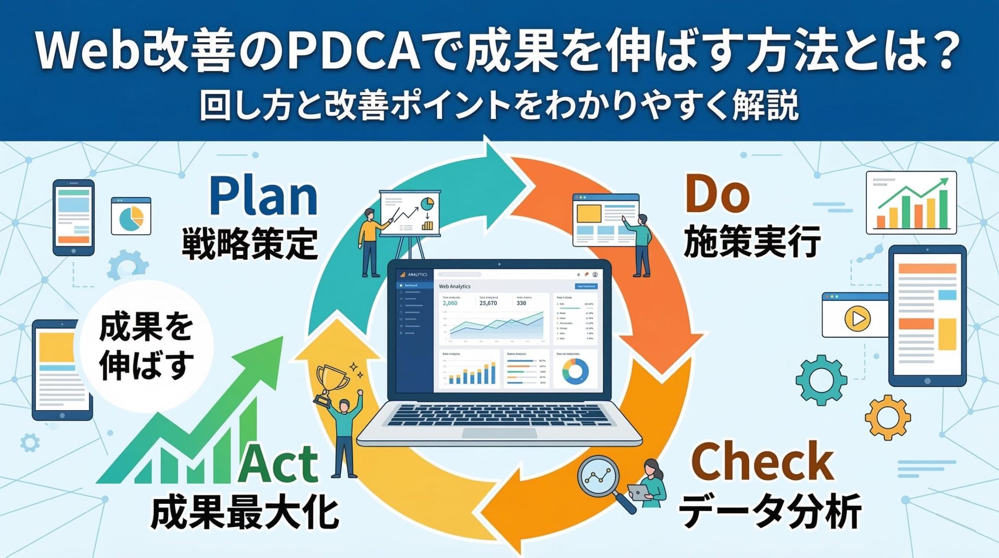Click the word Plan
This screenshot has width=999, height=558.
(x=263, y=197)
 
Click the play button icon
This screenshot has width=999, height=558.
(x=857, y=318)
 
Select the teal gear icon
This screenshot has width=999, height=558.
(x=821, y=379)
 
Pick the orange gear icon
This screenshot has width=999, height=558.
(x=888, y=417)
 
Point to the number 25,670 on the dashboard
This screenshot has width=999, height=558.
(x=488, y=303)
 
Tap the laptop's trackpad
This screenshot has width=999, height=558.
(x=499, y=433)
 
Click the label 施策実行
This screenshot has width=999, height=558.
(x=752, y=242)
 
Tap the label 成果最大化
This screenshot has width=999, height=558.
(x=245, y=512)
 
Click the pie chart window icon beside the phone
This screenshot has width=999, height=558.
(x=131, y=216)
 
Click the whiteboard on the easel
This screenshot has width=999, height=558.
(x=410, y=213)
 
